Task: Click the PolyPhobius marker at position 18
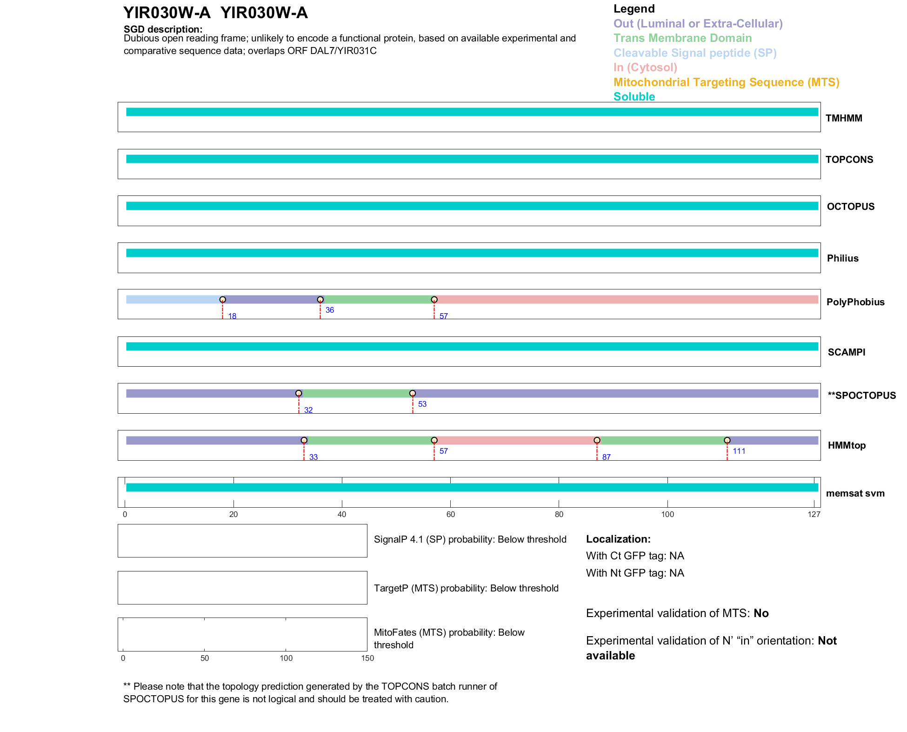223,300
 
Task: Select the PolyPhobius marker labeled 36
320,300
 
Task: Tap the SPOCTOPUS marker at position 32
299,394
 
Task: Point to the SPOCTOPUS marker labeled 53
413,394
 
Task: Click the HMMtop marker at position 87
597,440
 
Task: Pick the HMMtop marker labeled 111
727,440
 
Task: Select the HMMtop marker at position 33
304,440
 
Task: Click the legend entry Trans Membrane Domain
682,38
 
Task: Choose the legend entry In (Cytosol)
645,67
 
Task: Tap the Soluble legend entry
634,97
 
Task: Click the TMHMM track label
844,118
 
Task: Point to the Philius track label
842,258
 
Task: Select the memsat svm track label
855,493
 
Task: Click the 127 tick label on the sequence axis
814,514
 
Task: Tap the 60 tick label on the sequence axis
450,514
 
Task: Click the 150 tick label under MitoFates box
367,658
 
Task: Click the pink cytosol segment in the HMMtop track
515,440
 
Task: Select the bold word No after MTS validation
761,613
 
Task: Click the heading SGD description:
163,29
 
